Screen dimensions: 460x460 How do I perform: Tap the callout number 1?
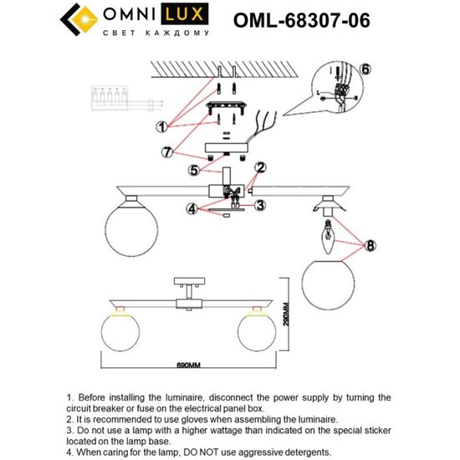coord(162,126)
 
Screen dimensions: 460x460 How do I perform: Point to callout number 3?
coord(260,204)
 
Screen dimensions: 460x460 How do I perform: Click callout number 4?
coord(192,208)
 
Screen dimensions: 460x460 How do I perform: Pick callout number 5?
coord(194,171)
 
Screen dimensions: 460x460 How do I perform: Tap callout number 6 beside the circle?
coord(365,69)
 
